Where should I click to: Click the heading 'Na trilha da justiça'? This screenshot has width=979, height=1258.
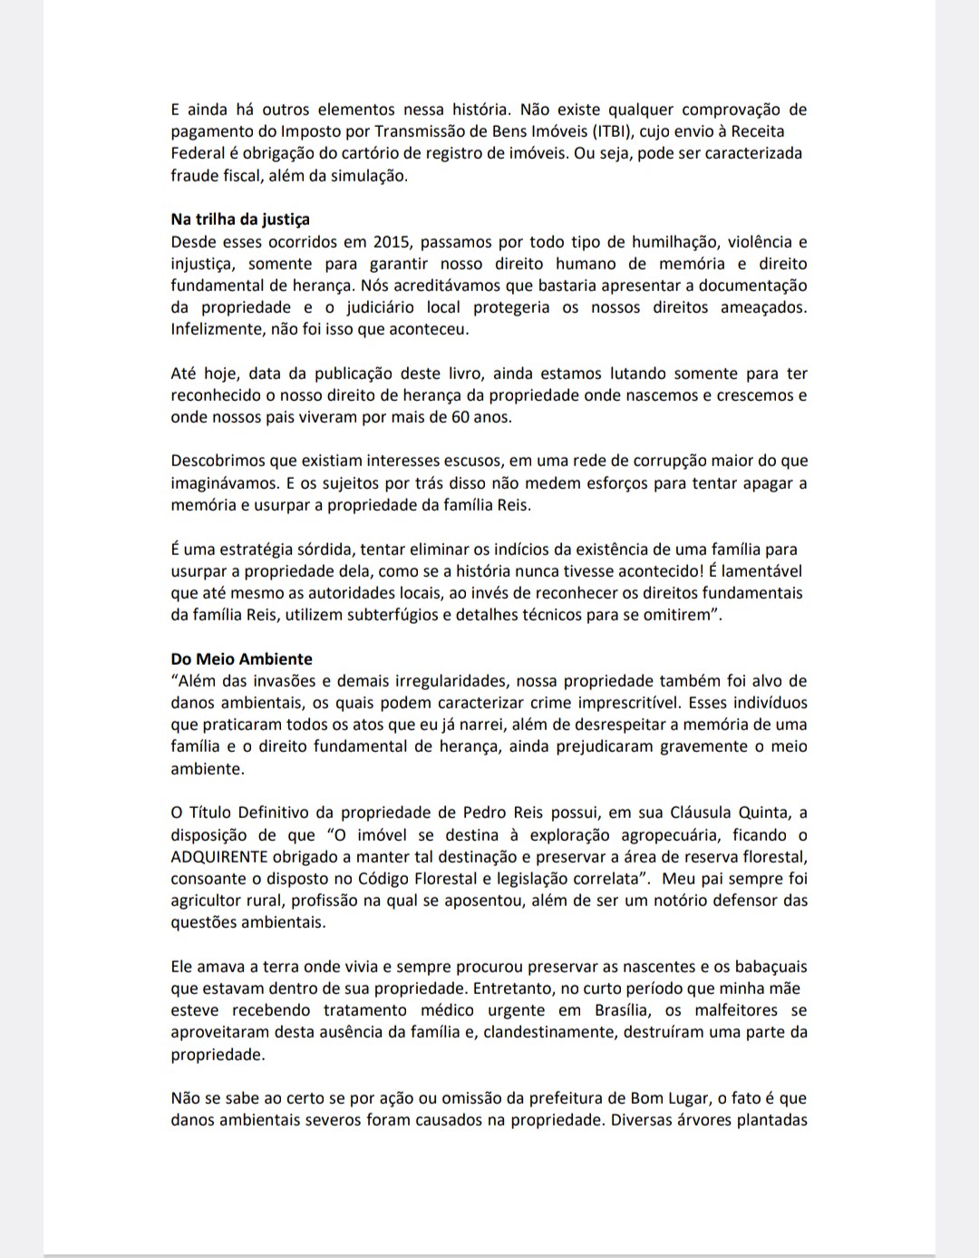tap(240, 219)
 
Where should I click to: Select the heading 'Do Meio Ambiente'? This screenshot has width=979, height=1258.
tap(241, 659)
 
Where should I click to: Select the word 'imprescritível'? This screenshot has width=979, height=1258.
tap(627, 703)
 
